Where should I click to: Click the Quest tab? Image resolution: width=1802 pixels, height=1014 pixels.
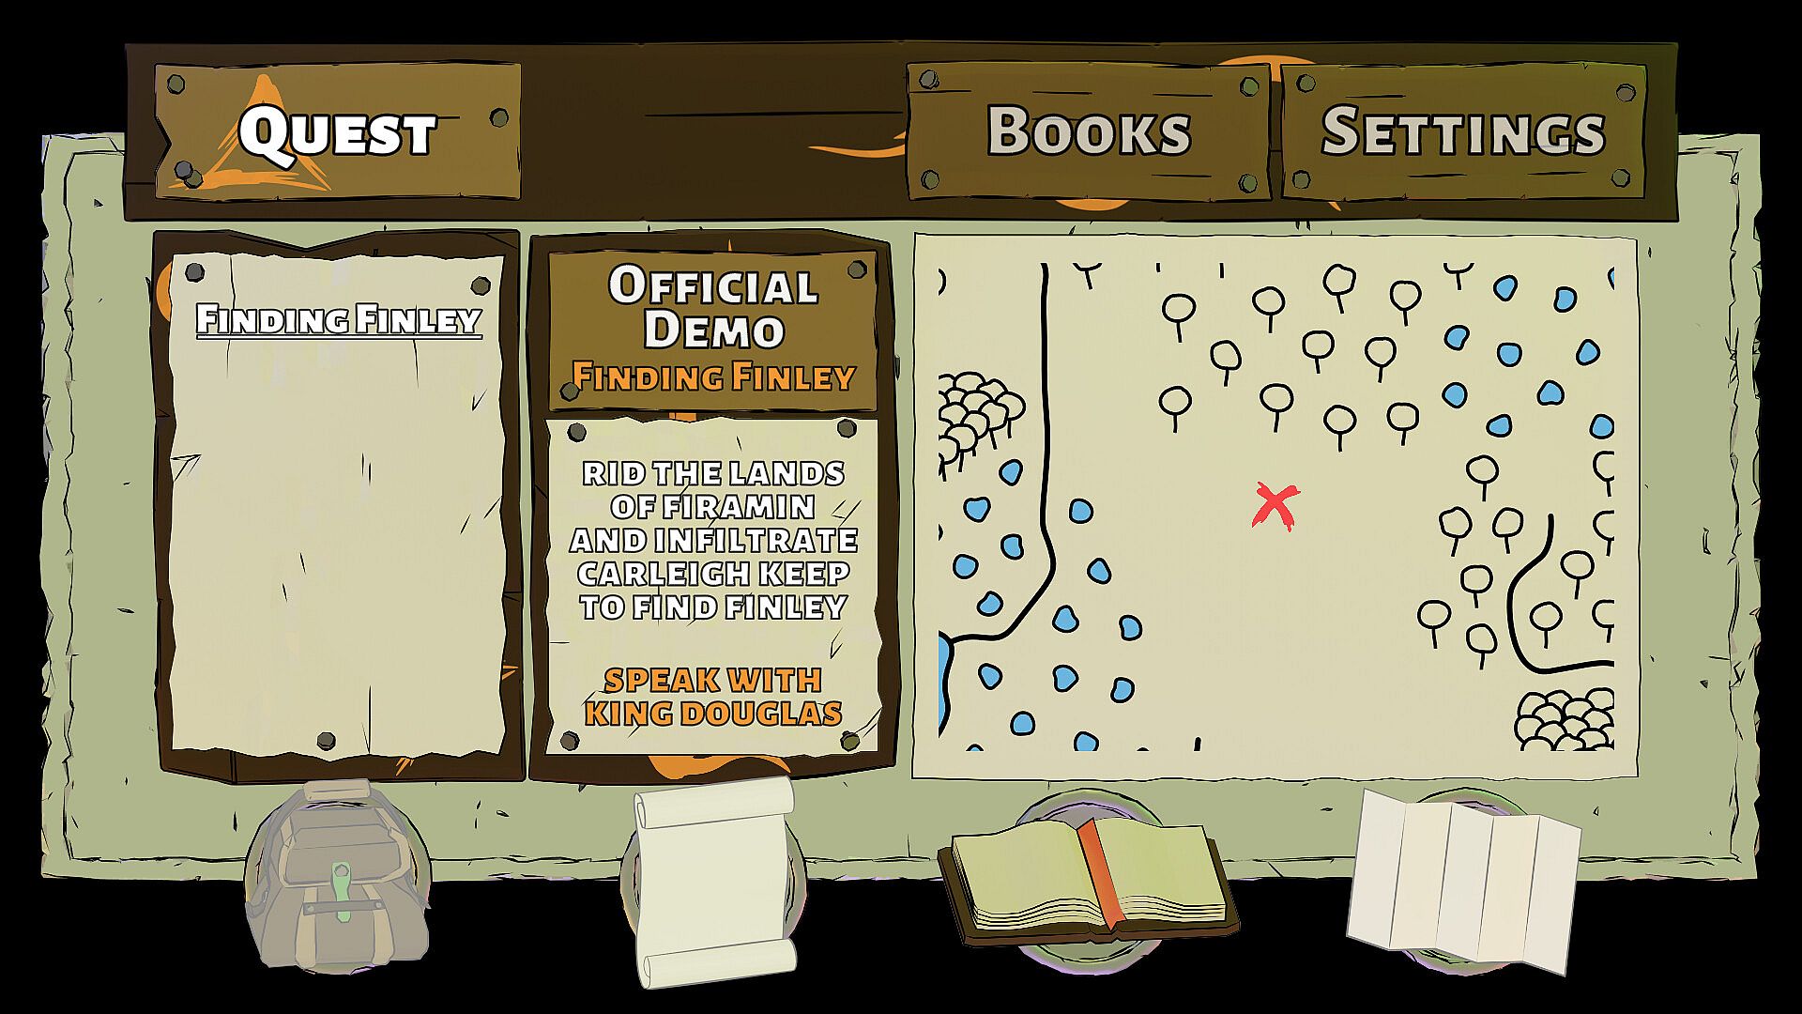[338, 131]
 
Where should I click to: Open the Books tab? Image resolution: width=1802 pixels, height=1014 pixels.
[1089, 131]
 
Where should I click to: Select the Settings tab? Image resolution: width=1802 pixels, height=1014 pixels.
[1463, 131]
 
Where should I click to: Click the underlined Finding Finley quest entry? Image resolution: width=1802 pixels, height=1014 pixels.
[338, 320]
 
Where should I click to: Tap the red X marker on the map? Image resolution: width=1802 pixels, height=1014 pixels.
[1275, 505]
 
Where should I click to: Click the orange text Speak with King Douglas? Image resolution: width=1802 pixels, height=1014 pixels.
[713, 696]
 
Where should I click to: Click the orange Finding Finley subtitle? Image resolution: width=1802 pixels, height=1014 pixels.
[713, 377]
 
